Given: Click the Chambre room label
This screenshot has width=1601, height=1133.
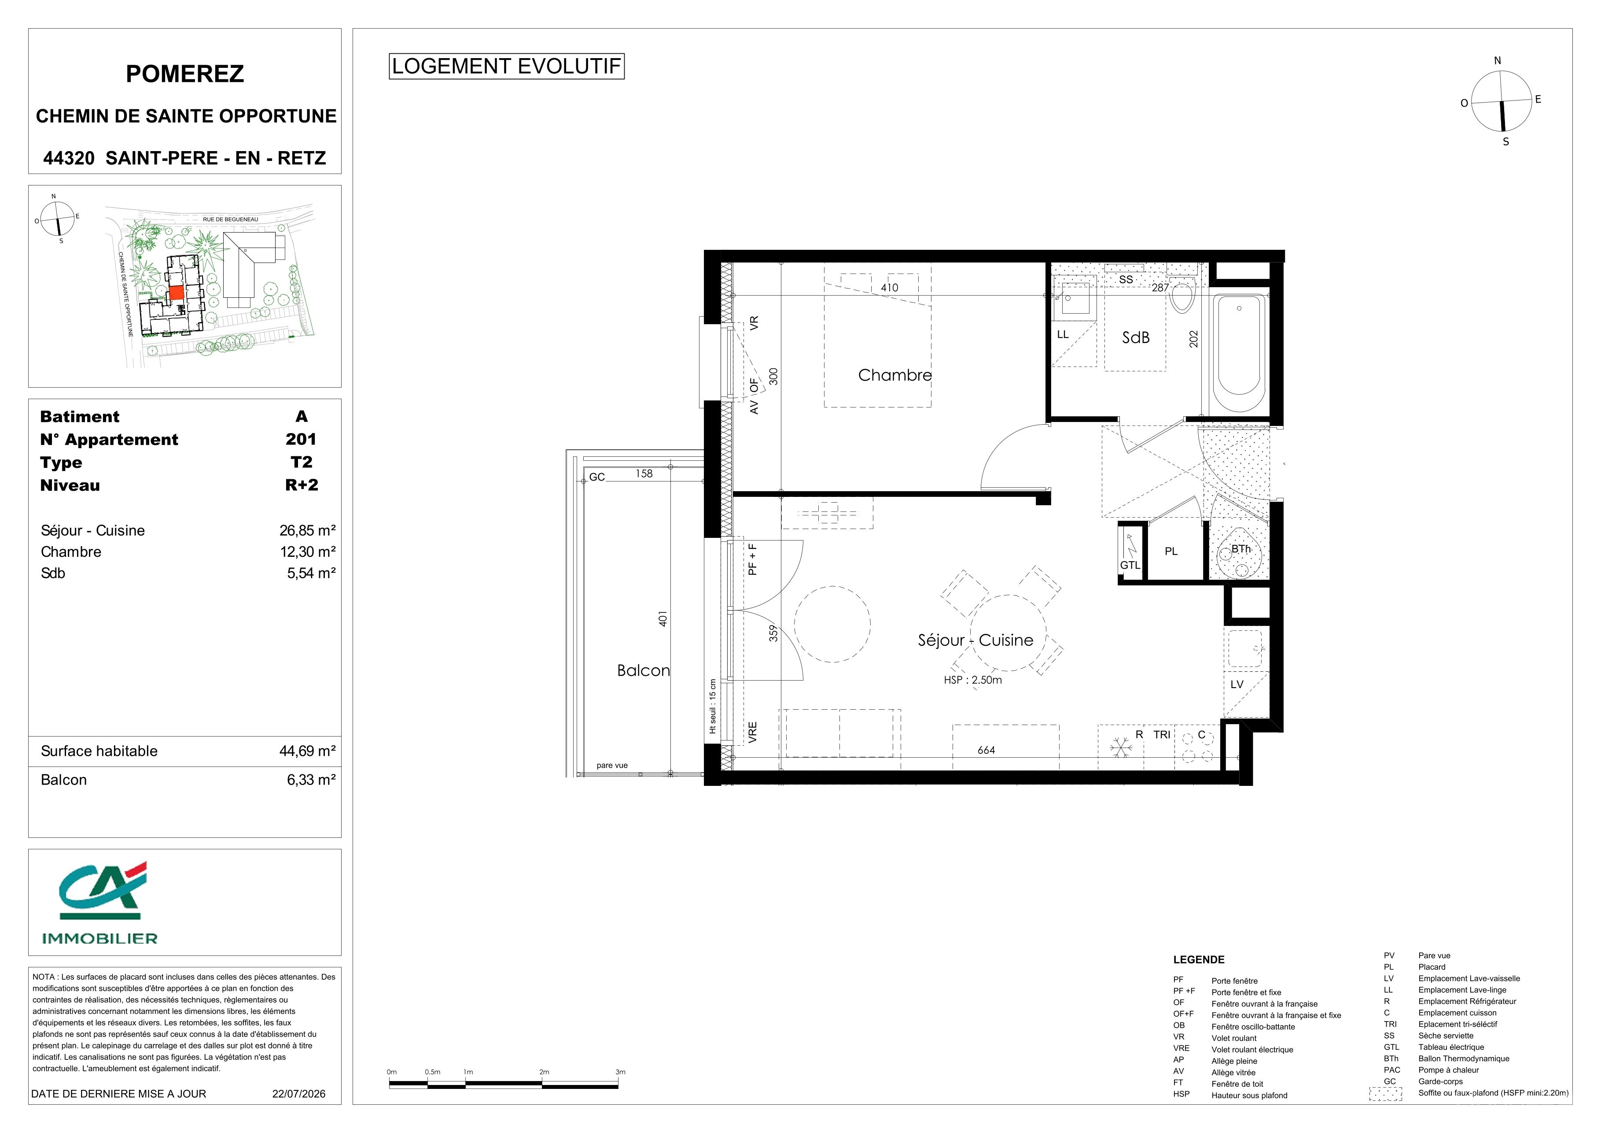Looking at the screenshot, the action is click(x=894, y=375).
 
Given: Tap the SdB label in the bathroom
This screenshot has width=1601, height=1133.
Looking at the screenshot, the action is click(x=1135, y=338).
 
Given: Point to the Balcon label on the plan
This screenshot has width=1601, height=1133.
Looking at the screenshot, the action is click(x=643, y=670).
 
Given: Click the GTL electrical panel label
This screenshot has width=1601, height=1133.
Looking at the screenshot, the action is click(x=1130, y=565).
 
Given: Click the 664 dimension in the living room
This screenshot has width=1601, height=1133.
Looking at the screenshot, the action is click(x=986, y=750).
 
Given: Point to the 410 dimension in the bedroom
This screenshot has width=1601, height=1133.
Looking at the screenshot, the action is click(x=889, y=288).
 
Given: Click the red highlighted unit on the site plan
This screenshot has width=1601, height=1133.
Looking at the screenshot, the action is click(x=177, y=293).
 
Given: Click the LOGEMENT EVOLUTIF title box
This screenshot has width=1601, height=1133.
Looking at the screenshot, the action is click(x=506, y=66).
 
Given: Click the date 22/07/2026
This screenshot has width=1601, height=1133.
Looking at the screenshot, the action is click(x=298, y=1093).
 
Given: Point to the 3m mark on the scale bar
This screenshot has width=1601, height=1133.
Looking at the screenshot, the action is click(x=620, y=1072).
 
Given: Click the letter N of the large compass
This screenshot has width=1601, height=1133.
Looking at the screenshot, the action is click(x=1497, y=61).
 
